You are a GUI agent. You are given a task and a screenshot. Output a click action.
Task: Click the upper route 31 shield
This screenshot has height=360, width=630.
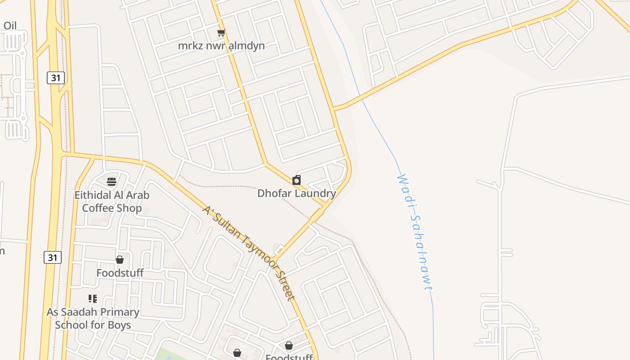[x=56, y=78]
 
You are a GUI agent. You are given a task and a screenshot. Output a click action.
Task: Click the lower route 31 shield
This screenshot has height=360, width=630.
[x=53, y=257]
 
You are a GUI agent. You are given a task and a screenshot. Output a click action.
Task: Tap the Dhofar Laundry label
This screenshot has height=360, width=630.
[x=297, y=193]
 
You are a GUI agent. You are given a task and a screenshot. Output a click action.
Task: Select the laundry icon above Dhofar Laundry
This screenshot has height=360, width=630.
[x=297, y=180]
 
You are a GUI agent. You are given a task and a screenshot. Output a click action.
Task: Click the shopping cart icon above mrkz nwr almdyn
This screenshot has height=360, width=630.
[x=221, y=33]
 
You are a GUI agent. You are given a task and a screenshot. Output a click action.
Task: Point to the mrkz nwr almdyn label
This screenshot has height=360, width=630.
[x=221, y=45]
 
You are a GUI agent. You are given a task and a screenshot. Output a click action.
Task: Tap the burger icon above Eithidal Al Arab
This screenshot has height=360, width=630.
[x=112, y=182]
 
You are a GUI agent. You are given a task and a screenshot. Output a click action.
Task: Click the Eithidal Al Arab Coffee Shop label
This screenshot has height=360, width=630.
[x=112, y=202]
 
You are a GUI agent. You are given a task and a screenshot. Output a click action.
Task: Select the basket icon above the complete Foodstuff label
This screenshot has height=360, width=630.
[x=120, y=260]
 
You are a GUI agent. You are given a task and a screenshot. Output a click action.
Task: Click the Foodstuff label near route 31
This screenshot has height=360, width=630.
[x=120, y=273]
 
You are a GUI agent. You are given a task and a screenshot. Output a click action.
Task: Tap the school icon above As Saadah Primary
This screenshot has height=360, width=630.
[x=93, y=299]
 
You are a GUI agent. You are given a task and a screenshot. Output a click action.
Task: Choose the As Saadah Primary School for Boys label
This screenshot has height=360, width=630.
[x=93, y=318]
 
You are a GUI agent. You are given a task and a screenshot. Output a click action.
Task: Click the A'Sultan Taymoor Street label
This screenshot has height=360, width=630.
[x=248, y=253]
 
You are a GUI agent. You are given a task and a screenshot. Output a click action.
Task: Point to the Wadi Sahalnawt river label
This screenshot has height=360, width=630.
[x=415, y=232]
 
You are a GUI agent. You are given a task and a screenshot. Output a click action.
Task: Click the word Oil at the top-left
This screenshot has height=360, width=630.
[x=10, y=26]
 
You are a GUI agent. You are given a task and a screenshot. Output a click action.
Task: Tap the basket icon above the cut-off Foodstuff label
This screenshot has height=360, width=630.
[x=289, y=346]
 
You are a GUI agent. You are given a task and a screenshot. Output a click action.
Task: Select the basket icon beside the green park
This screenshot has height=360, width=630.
[x=237, y=353]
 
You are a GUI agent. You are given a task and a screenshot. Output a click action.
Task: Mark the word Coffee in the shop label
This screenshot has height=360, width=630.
[x=99, y=208]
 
